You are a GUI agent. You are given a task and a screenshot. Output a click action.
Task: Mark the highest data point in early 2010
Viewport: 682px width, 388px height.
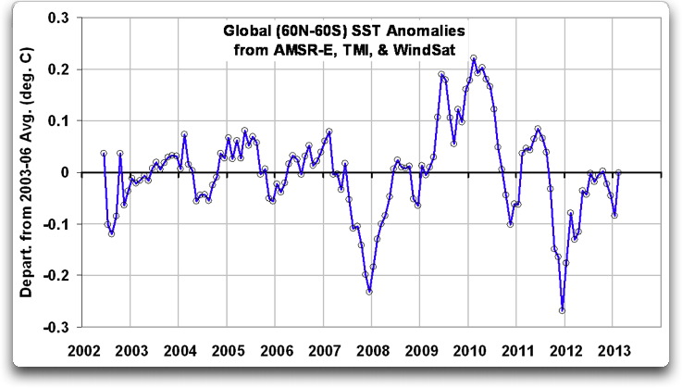(473, 57)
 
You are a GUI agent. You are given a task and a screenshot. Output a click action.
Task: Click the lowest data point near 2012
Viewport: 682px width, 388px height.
(562, 310)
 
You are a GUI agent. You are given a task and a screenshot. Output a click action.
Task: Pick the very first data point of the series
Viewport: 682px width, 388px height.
(104, 154)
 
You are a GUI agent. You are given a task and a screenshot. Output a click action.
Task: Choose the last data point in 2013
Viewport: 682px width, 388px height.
(618, 172)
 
